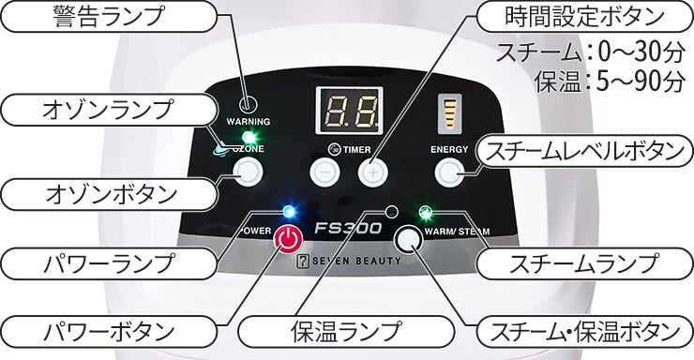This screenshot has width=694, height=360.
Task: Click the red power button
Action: [x=289, y=240]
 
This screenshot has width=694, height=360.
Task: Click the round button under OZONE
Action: [x=247, y=171]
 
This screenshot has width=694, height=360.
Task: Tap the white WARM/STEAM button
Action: [x=408, y=241]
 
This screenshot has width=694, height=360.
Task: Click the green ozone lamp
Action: [x=249, y=134]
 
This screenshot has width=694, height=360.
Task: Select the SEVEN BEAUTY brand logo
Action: [x=346, y=265]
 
